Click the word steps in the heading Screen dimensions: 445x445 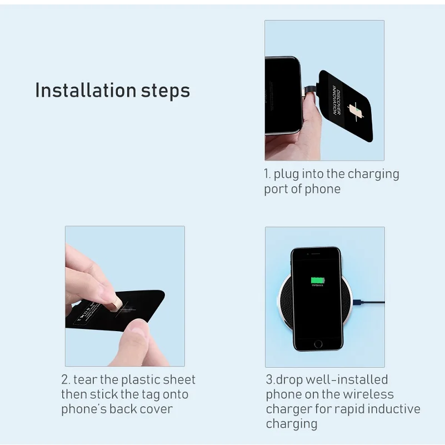pyautogui.click(x=165, y=91)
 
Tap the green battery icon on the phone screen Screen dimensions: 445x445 pyautogui.click(x=317, y=281)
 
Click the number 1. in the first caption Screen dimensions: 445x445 pyautogui.click(x=267, y=174)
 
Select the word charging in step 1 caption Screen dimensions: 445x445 pyautogui.click(x=373, y=174)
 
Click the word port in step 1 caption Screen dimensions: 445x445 pyautogui.click(x=275, y=189)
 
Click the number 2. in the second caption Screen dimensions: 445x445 pyautogui.click(x=66, y=380)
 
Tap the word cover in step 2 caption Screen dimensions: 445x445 pyautogui.click(x=157, y=409)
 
